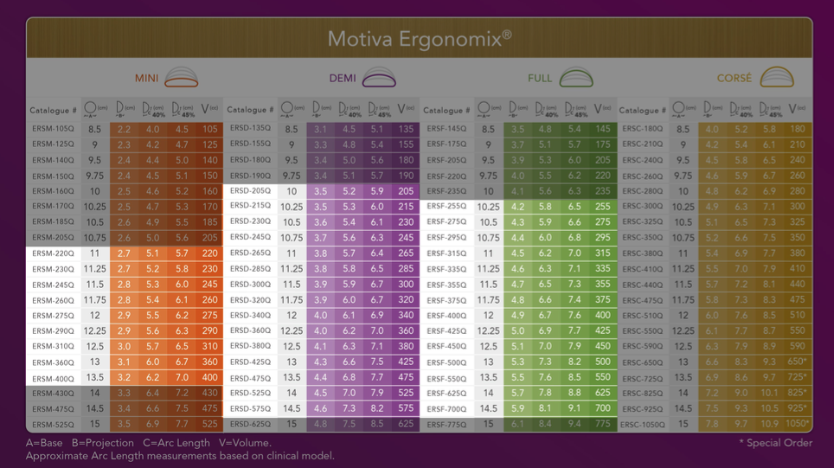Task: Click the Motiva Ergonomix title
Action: point(420,39)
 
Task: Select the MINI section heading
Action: point(146,79)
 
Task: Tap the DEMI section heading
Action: point(343,79)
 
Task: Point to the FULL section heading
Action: point(540,79)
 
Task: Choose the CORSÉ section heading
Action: point(735,79)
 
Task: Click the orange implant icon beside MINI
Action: point(182,78)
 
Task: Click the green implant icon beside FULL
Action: point(576,78)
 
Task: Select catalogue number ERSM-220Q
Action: point(53,254)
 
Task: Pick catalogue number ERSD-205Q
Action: point(250,191)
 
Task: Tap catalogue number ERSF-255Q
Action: point(446,207)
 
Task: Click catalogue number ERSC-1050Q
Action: point(643,425)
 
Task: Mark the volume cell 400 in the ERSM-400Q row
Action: point(210,378)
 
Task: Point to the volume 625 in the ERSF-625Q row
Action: point(603,394)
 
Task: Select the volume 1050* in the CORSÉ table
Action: point(798,425)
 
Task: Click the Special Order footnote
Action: point(775,443)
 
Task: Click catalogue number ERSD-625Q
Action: point(250,425)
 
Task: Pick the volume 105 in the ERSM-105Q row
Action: point(210,130)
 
